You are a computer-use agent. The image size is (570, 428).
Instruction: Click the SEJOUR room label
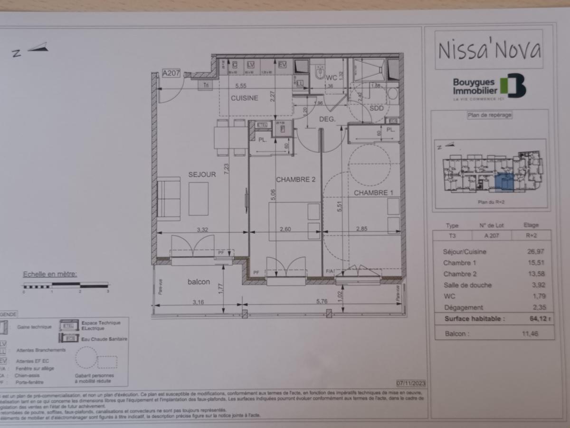coord(202,175)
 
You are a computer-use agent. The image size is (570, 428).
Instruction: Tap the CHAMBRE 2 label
coord(296,179)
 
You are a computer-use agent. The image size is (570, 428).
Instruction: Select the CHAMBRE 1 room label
coord(373,193)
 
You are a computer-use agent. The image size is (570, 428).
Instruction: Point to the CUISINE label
coord(245,98)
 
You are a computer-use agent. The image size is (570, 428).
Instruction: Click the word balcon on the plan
coord(199,282)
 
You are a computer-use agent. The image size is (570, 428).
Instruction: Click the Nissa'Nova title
coord(489,49)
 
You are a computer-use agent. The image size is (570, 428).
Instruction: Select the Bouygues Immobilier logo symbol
coord(516,86)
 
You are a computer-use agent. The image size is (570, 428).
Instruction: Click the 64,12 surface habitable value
coord(531,319)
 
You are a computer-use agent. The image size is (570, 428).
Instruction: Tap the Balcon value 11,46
coord(531,334)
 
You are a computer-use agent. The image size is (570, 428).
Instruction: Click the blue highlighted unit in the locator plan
coord(504,183)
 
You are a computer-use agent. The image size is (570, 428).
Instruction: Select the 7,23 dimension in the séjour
coord(227,170)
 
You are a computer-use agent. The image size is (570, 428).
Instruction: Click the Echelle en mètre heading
coord(50,274)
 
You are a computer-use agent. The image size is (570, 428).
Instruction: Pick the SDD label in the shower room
coord(376,108)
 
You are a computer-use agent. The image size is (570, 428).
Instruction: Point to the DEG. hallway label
coord(327,119)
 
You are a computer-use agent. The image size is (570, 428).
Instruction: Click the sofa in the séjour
coord(169,199)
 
